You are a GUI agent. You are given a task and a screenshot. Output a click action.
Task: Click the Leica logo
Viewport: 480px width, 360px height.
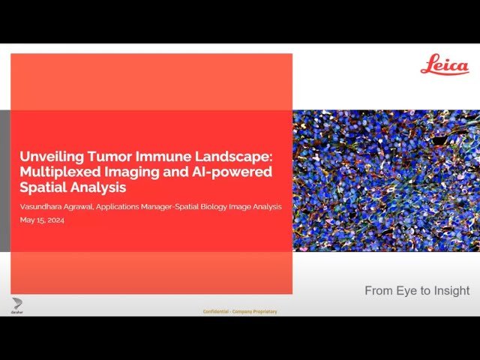pyautogui.click(x=444, y=65)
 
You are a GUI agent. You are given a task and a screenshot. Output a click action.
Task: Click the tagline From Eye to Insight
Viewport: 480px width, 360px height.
pyautogui.click(x=417, y=290)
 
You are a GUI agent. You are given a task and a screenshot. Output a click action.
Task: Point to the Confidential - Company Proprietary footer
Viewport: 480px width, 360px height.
pyautogui.click(x=240, y=311)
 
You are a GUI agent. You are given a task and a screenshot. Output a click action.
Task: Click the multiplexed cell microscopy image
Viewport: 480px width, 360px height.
pyautogui.click(x=385, y=180)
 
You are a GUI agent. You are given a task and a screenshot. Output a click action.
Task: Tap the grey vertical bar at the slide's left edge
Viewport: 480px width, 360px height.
pyautogui.click(x=4, y=180)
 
